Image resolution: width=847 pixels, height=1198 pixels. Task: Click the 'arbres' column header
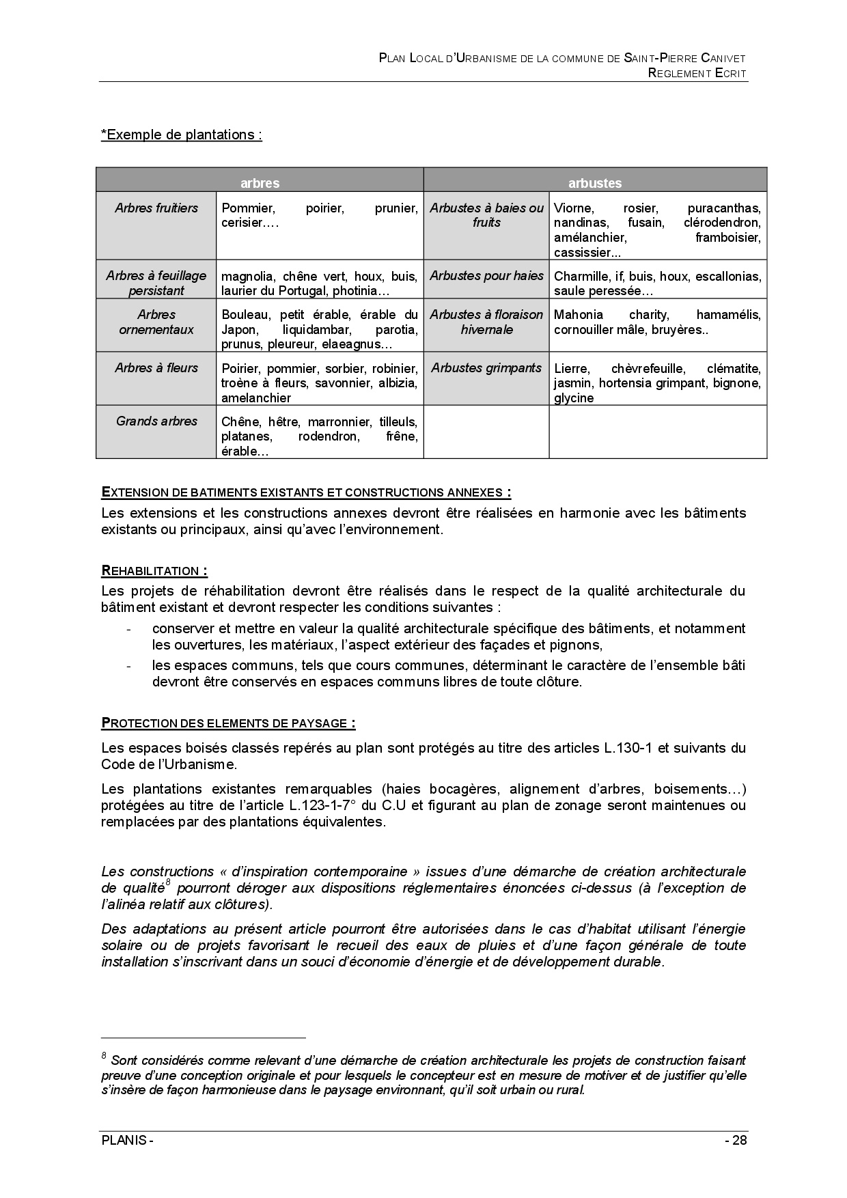coord(260,183)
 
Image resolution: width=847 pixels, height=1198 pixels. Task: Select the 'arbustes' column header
coord(595,183)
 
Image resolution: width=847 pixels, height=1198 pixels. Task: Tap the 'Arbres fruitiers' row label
coord(156,208)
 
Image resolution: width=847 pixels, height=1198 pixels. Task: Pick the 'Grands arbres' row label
coord(156,421)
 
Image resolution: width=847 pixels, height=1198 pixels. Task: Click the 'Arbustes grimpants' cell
coord(486,368)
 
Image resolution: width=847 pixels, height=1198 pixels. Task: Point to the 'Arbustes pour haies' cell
coord(486,276)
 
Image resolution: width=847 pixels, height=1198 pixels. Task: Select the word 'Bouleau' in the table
coord(242,315)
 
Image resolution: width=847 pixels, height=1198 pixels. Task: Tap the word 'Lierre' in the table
coord(570,369)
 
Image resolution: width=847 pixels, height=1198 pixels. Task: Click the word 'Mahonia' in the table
coord(579,315)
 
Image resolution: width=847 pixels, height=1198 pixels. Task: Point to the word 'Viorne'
coord(574,208)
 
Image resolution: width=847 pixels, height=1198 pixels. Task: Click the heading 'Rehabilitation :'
coord(154,571)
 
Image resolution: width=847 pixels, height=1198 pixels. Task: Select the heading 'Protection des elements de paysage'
coord(228,723)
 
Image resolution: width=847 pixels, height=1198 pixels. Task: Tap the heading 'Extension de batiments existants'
coord(306,492)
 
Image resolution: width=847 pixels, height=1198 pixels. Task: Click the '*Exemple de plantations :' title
coord(182,135)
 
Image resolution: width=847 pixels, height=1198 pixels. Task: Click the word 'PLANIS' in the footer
coord(124,1141)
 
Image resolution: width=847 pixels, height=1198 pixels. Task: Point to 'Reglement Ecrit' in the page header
coord(697,73)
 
